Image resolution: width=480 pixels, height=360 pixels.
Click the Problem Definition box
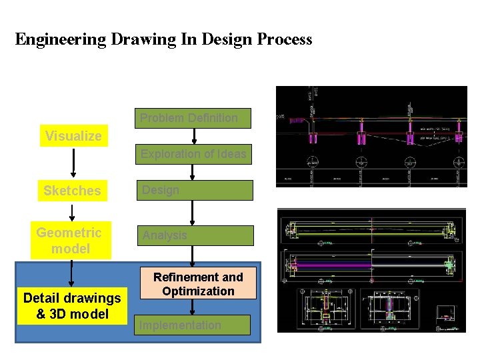click(x=193, y=118)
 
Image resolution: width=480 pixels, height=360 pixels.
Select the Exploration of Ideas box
click(x=193, y=154)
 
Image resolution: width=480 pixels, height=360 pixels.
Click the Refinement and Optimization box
click(x=198, y=284)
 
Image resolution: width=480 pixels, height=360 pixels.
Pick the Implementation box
click(x=193, y=325)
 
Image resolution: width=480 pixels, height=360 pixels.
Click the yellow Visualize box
click(x=73, y=136)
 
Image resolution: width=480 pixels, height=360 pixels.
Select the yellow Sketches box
click(x=72, y=191)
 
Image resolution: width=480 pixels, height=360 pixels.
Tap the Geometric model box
click(x=70, y=241)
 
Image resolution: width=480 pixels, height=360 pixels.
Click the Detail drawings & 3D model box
click(x=72, y=306)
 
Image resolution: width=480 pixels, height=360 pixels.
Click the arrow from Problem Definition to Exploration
click(x=193, y=136)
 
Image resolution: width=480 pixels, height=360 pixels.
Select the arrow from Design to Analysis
click(x=193, y=213)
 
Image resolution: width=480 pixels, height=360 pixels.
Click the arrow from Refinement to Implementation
click(x=193, y=307)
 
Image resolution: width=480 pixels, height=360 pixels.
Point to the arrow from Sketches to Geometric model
click(x=72, y=212)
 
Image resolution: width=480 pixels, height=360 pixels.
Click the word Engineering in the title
click(x=61, y=39)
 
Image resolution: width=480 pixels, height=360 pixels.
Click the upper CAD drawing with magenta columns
click(x=371, y=137)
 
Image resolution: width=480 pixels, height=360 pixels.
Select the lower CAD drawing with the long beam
click(x=371, y=270)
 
